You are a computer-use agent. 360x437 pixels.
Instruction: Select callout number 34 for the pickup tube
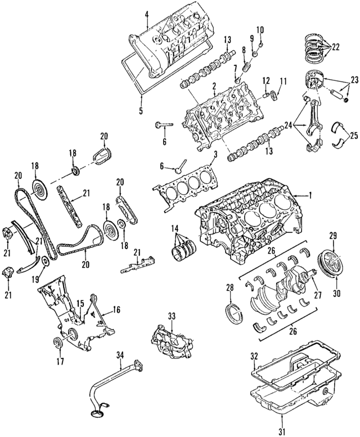(x=119, y=355)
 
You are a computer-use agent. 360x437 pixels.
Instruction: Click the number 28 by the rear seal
(x=229, y=288)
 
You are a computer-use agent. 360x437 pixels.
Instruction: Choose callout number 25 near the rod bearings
(x=353, y=135)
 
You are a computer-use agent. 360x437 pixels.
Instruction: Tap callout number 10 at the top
(x=260, y=29)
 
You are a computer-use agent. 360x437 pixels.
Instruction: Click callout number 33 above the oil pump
(x=172, y=317)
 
